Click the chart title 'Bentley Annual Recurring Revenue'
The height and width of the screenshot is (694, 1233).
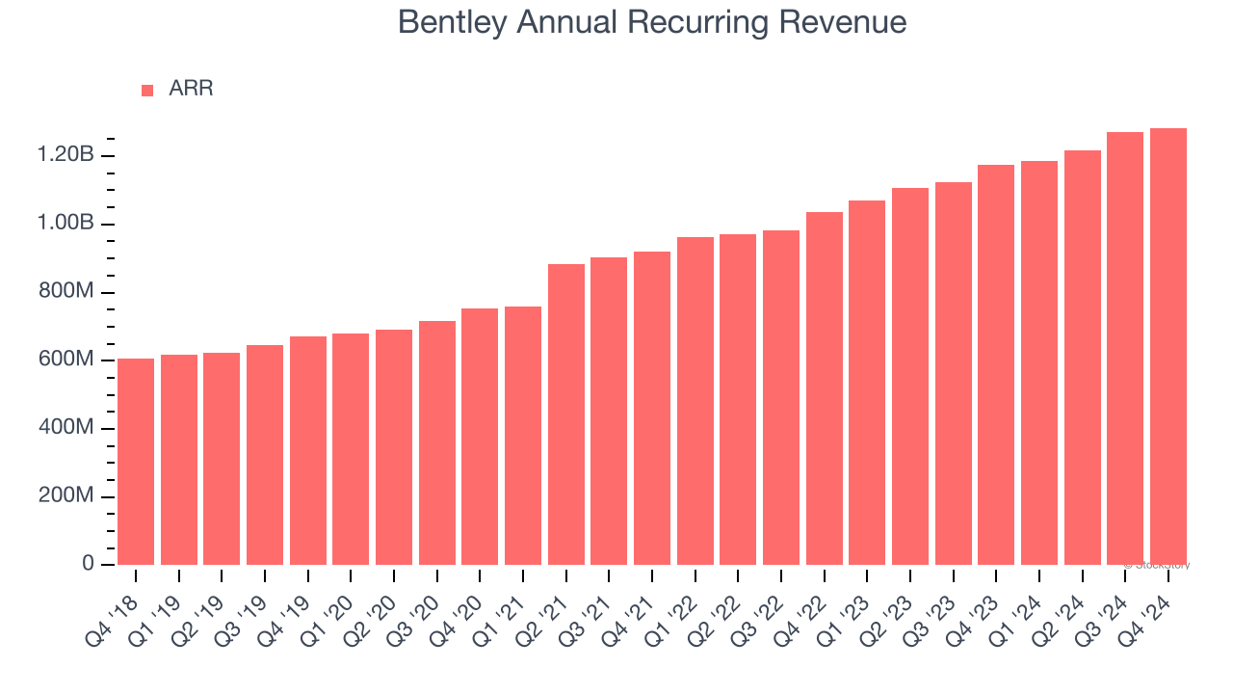point(651,22)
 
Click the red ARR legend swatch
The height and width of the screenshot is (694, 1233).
point(147,90)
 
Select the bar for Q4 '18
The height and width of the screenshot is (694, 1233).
point(136,462)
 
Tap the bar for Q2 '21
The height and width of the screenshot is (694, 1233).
point(566,414)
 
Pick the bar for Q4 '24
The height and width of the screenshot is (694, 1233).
point(1167,347)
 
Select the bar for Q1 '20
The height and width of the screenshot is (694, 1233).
point(351,449)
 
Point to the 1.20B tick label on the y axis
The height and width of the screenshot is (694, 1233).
point(66,155)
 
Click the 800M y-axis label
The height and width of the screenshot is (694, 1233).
point(66,291)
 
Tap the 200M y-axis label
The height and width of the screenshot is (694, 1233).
point(66,496)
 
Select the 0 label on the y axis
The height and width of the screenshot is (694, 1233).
point(88,564)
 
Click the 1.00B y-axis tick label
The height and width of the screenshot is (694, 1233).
point(66,224)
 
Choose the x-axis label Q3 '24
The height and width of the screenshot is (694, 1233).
point(1104,607)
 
